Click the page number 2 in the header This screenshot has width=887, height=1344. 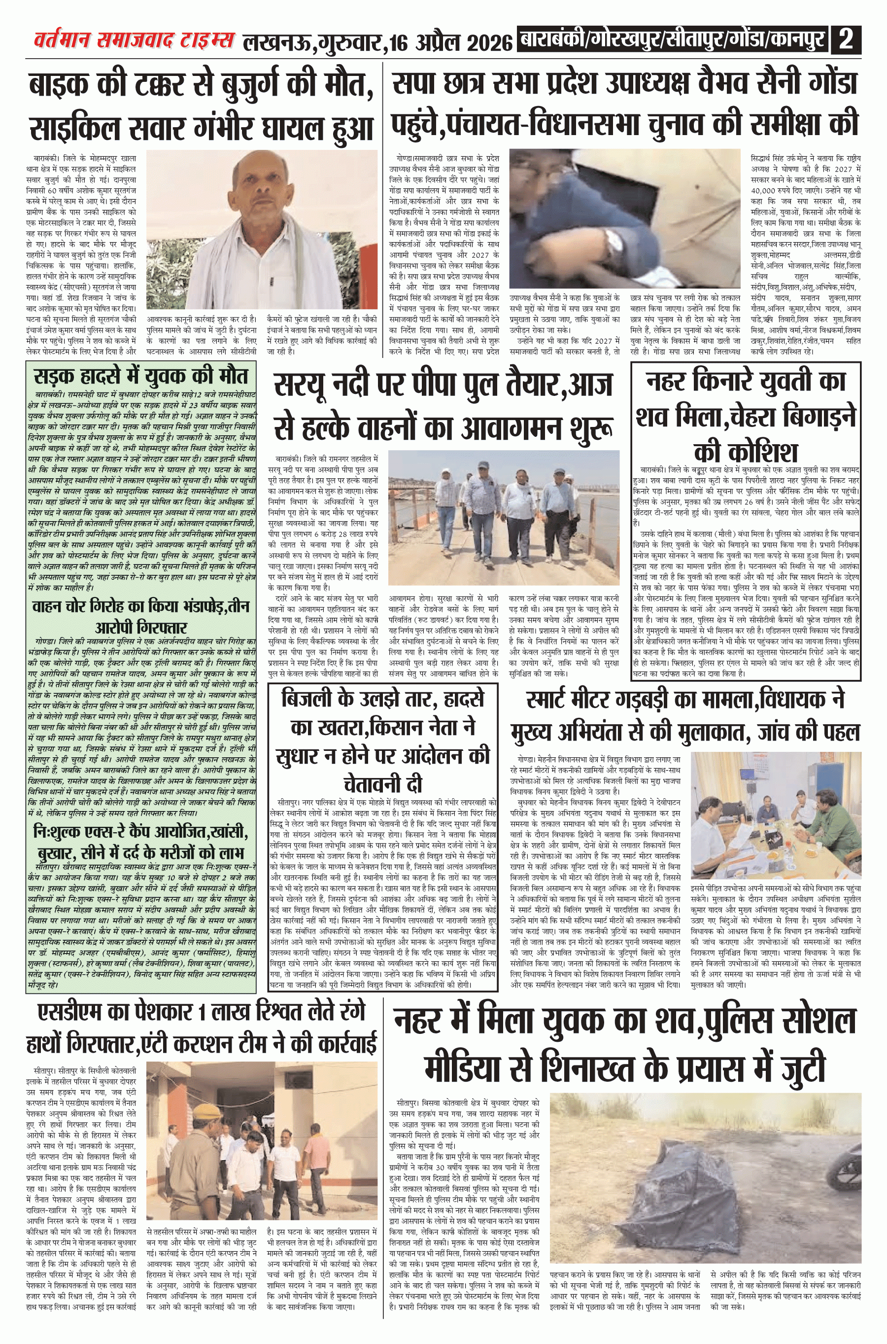(x=846, y=41)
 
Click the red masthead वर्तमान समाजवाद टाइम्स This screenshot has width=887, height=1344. (x=134, y=41)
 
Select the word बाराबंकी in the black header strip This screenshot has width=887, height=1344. (x=552, y=41)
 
